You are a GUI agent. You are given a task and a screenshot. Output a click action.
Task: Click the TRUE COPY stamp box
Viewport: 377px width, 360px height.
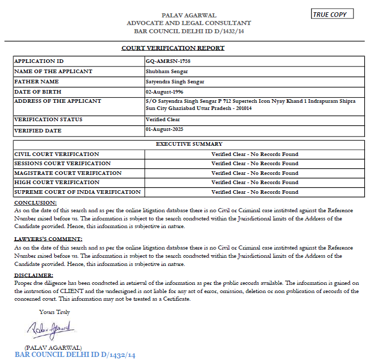click(x=332, y=14)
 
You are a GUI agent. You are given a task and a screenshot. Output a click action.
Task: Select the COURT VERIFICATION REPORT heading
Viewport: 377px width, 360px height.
click(x=173, y=48)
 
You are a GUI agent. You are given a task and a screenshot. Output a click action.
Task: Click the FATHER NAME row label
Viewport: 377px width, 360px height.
click(x=36, y=81)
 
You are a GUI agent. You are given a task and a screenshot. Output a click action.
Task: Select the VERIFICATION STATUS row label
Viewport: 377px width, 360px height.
click(x=48, y=120)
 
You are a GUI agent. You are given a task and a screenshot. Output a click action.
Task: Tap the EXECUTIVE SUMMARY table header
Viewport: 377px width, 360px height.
click(x=189, y=144)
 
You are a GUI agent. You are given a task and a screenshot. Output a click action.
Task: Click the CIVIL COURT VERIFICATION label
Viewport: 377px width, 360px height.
click(x=57, y=154)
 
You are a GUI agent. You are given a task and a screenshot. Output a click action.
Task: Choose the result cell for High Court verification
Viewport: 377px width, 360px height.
click(x=254, y=183)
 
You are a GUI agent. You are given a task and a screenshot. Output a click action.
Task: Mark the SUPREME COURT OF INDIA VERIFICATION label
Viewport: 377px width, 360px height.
click(x=77, y=192)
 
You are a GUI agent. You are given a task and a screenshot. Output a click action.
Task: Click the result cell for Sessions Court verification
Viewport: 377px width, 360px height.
click(x=254, y=164)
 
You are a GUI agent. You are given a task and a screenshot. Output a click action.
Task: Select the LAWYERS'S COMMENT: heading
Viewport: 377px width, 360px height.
click(x=48, y=239)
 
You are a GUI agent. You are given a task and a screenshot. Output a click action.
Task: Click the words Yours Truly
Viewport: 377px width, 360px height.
click(x=55, y=311)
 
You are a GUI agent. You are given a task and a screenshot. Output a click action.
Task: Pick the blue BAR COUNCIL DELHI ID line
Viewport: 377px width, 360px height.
click(x=75, y=354)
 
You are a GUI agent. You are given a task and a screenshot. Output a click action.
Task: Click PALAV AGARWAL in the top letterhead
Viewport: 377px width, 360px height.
click(x=189, y=15)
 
